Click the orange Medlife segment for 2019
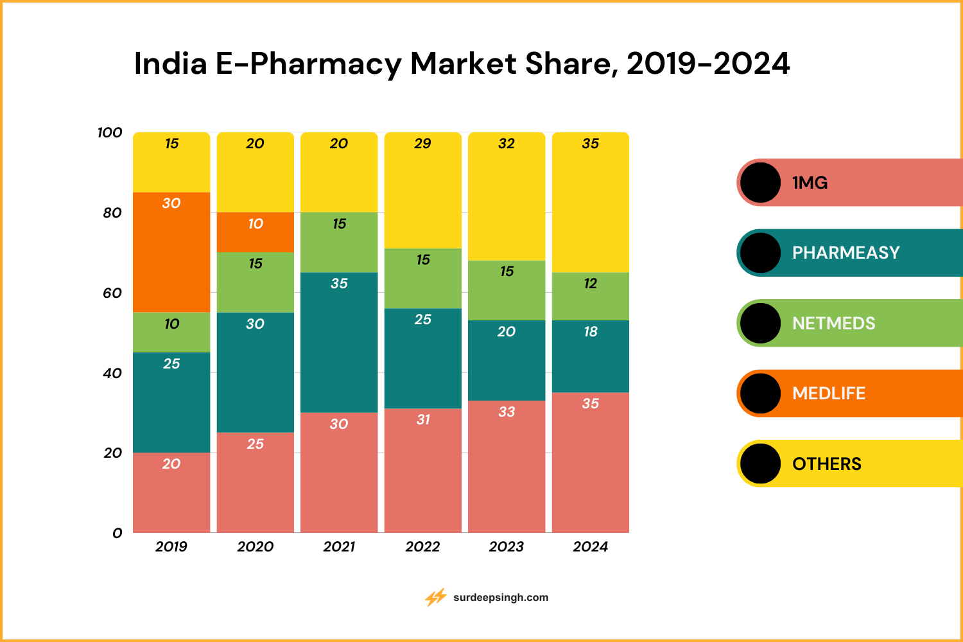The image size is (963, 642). (x=171, y=257)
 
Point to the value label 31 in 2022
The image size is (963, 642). (x=423, y=420)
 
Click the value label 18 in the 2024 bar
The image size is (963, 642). (x=591, y=332)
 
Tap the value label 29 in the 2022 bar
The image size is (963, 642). (x=422, y=144)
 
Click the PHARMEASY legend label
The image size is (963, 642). (x=846, y=253)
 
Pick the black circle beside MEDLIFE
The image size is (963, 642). (x=761, y=394)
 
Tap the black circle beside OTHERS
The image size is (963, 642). (x=761, y=464)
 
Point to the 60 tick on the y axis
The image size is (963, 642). (x=112, y=293)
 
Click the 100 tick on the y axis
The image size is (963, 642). (x=110, y=133)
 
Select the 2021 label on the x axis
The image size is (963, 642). (x=339, y=547)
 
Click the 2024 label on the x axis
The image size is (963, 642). (x=590, y=547)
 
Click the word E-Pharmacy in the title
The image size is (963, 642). (x=309, y=64)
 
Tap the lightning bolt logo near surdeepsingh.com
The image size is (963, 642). (x=436, y=598)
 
